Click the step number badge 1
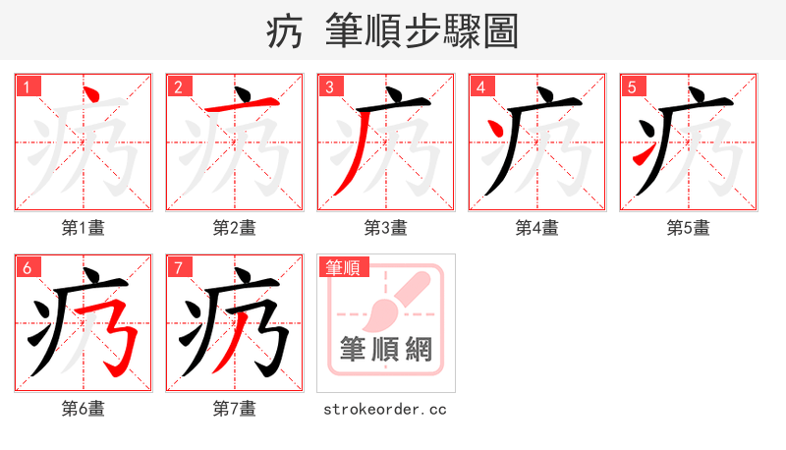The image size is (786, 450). pyautogui.click(x=28, y=86)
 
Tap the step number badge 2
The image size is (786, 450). pyautogui.click(x=179, y=86)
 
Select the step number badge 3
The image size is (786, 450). pyautogui.click(x=330, y=86)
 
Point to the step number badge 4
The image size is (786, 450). pyautogui.click(x=481, y=86)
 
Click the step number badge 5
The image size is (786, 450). pyautogui.click(x=633, y=86)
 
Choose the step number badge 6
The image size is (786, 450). pyautogui.click(x=28, y=267)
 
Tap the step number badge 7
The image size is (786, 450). pyautogui.click(x=179, y=267)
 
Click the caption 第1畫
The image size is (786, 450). pyautogui.click(x=84, y=228)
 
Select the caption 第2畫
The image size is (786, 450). pyautogui.click(x=235, y=228)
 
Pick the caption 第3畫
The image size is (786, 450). pyautogui.click(x=386, y=228)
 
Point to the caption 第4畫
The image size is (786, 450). pyautogui.click(x=537, y=228)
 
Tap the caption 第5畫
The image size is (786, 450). pyautogui.click(x=689, y=228)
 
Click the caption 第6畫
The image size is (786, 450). pyautogui.click(x=84, y=409)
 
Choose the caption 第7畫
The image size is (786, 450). pyautogui.click(x=235, y=409)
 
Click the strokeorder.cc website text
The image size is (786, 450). pyautogui.click(x=385, y=409)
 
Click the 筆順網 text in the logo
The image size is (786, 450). pyautogui.click(x=386, y=348)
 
